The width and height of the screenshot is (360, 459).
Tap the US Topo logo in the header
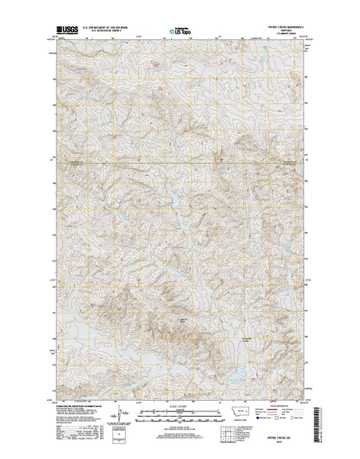pos(179,33)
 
